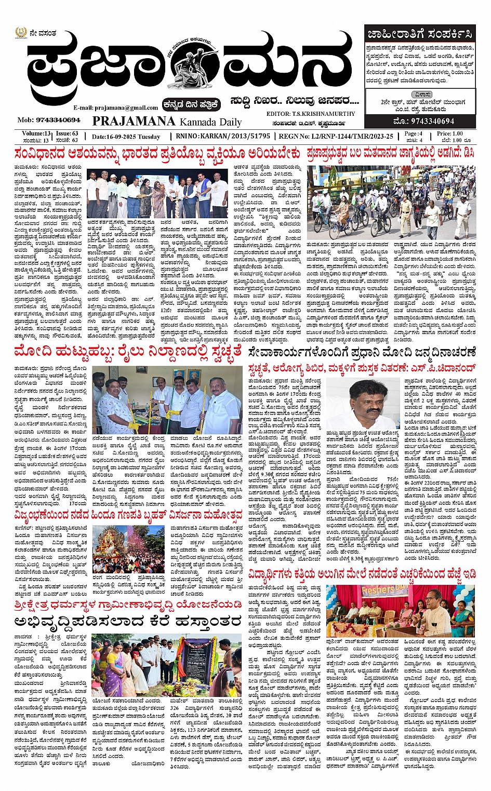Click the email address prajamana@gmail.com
(x=115, y=108)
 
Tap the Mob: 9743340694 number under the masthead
(x=49, y=120)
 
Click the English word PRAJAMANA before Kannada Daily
(x=134, y=121)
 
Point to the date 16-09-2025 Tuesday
(x=126, y=137)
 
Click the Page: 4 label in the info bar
(x=413, y=133)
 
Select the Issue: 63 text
(x=67, y=133)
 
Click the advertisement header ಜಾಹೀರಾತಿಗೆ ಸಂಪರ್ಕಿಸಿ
(x=419, y=35)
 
